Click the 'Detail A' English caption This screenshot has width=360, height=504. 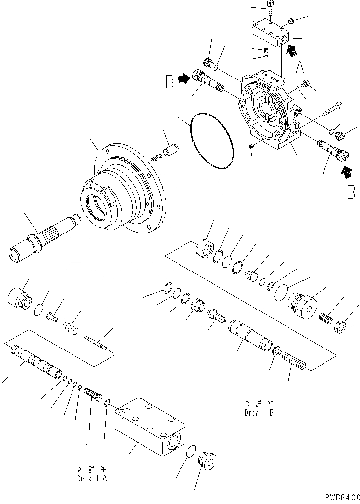[x=92, y=478]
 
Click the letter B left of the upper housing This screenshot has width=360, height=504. [x=170, y=81]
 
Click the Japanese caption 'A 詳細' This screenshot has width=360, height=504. [x=92, y=469]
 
